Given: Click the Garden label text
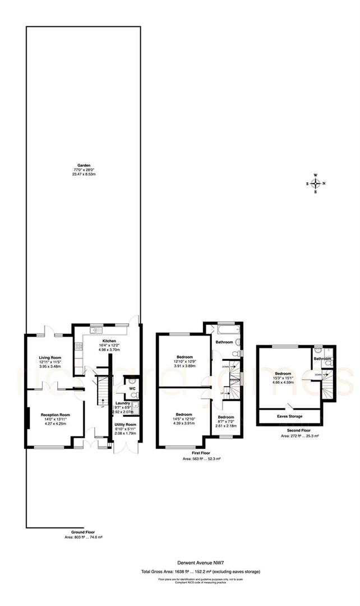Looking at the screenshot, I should (84, 165).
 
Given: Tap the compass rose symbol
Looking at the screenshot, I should (316, 183).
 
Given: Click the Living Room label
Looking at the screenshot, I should (49, 357).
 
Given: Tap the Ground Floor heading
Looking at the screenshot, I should (83, 531).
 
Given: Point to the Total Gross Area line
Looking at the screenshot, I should (200, 572).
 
